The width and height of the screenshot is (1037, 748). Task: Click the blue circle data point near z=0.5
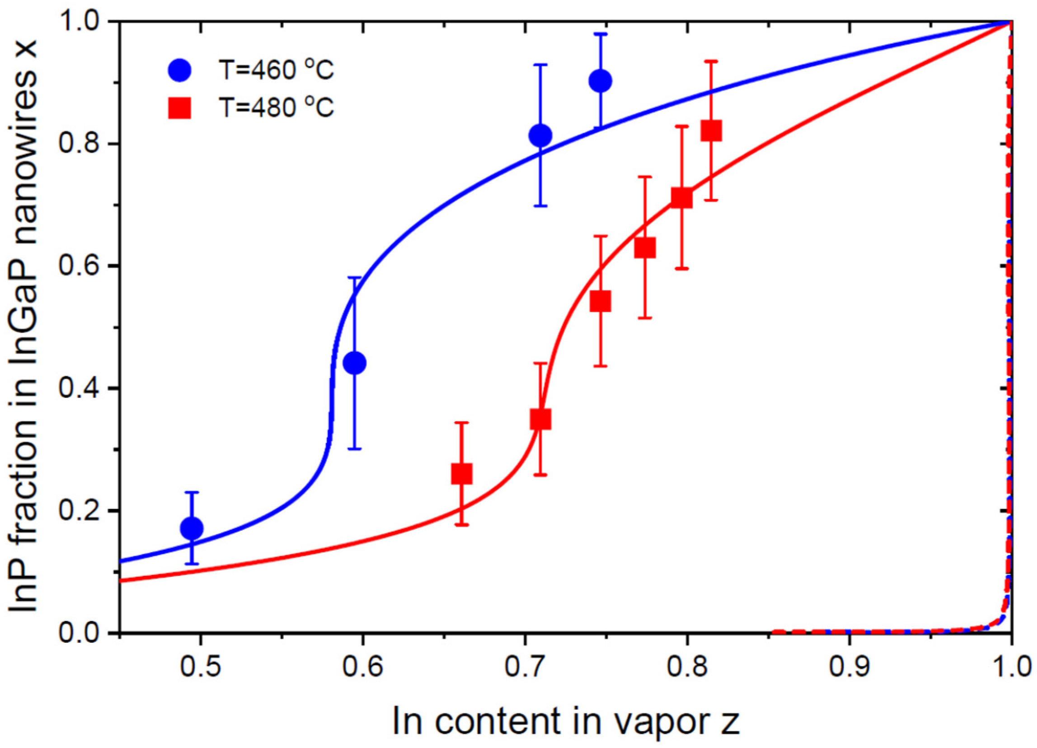pos(192,528)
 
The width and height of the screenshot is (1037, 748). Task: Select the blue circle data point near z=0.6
pos(354,363)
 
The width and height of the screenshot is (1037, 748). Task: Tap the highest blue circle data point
pos(601,81)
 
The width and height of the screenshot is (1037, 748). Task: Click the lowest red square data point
pos(461,474)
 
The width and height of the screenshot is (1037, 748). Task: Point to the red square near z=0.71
pos(540,419)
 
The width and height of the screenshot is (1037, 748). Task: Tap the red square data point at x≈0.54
pos(601,302)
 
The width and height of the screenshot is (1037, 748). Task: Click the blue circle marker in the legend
pos(180,70)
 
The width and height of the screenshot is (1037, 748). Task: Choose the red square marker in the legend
pos(180,108)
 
